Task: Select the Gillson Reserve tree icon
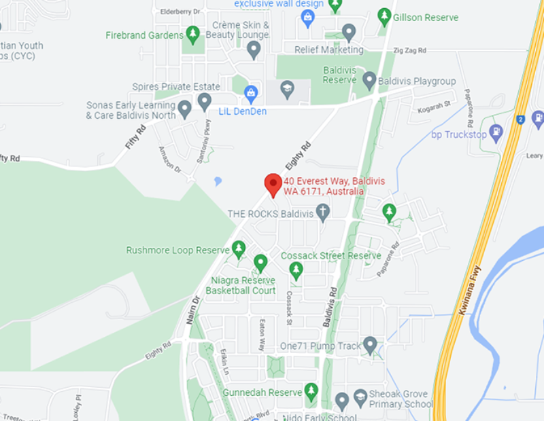[384, 16]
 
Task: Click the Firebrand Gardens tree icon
[193, 34]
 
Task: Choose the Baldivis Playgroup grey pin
[369, 81]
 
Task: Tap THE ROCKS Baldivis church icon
[323, 213]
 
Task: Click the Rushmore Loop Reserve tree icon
[238, 249]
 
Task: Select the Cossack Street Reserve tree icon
[295, 270]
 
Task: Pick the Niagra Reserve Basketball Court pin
[260, 263]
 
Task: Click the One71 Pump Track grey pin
[370, 346]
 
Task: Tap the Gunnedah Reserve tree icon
[311, 392]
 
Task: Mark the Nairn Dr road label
[192, 309]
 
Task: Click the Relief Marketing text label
[328, 50]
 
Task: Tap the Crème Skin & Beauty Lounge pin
[254, 50]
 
